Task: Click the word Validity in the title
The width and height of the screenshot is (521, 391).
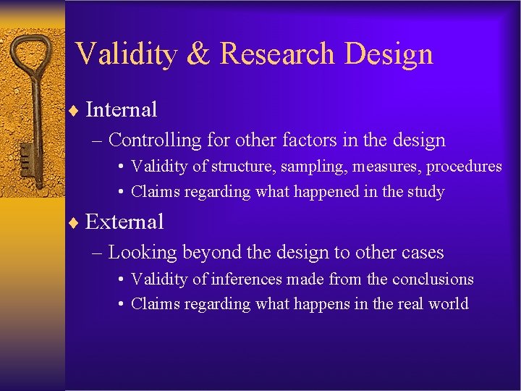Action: tap(124, 54)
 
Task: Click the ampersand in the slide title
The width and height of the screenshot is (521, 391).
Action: tap(195, 54)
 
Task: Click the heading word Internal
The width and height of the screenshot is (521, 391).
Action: tap(121, 110)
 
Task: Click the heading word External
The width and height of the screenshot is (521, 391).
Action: tap(124, 222)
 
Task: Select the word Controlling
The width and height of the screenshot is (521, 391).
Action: tap(153, 140)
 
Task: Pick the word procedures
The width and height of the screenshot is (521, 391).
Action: tap(464, 167)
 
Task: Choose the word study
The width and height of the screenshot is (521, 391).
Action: tap(425, 192)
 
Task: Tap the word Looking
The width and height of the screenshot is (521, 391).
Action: tap(143, 253)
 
